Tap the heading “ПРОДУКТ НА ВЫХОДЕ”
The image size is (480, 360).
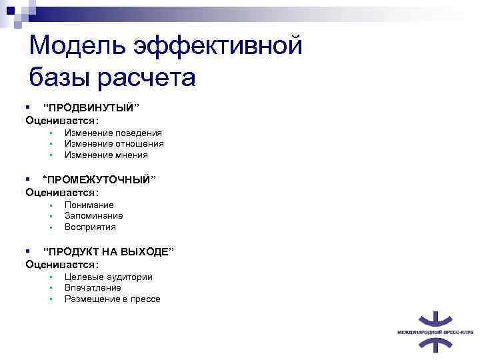[108, 252]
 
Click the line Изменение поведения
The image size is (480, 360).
[113, 133]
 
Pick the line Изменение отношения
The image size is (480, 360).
[114, 143]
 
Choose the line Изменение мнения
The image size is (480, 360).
[106, 155]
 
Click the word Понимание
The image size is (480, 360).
[89, 205]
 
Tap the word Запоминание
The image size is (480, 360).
[93, 215]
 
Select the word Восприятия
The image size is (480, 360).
[90, 227]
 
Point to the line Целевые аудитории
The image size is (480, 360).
[108, 277]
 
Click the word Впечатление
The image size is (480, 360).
[93, 287]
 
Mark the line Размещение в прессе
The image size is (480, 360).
[112, 299]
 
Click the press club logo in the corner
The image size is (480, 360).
[435, 331]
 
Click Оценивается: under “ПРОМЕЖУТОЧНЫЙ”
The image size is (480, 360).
[62, 193]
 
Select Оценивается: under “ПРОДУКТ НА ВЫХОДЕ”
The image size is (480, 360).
[62, 265]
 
